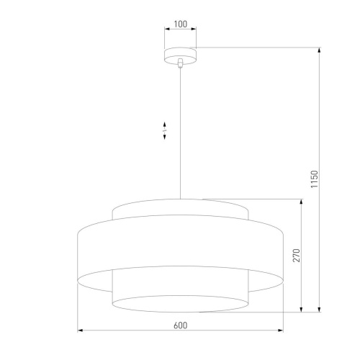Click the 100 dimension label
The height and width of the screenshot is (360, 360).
click(x=180, y=24)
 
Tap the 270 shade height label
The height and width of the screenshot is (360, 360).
click(x=296, y=256)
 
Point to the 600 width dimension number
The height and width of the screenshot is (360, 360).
click(x=180, y=325)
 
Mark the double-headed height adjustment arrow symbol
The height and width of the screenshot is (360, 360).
click(x=165, y=130)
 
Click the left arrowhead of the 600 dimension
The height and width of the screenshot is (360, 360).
click(x=79, y=331)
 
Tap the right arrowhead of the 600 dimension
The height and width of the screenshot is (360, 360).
click(x=282, y=331)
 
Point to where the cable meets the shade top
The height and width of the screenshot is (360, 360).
click(x=180, y=198)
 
